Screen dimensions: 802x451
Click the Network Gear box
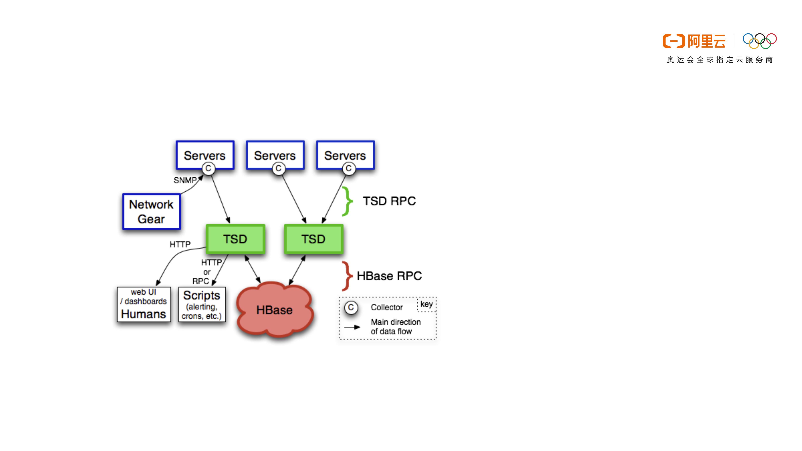click(x=152, y=212)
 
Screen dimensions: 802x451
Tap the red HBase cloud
click(x=275, y=310)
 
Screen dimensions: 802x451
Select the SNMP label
click(x=185, y=180)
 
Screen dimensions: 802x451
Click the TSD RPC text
click(x=389, y=201)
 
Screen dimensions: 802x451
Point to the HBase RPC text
click(x=389, y=276)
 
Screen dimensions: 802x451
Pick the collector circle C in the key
click(x=351, y=307)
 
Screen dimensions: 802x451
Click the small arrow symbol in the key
click(x=352, y=327)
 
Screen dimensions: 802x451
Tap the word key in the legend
click(x=427, y=304)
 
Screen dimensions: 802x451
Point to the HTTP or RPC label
click(x=207, y=272)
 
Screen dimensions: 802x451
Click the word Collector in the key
click(x=387, y=307)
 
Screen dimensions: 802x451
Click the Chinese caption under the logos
click(x=720, y=60)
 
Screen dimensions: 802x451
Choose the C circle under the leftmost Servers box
click(x=208, y=168)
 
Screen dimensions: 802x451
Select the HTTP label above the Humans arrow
click(x=180, y=244)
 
